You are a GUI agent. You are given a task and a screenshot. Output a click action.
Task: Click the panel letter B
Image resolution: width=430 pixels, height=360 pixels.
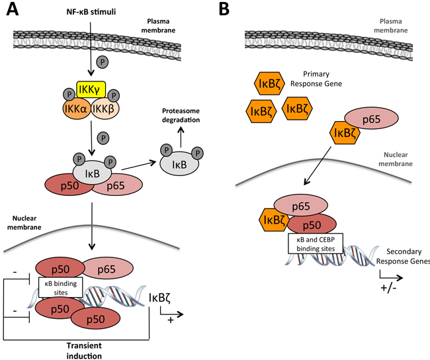point(225,11)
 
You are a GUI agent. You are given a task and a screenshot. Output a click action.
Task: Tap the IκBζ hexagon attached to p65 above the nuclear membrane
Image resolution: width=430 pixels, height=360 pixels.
point(347,136)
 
